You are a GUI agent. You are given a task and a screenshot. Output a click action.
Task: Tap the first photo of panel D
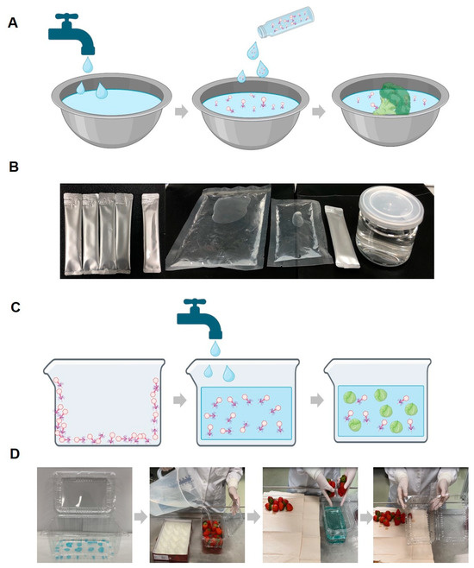[84, 514]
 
